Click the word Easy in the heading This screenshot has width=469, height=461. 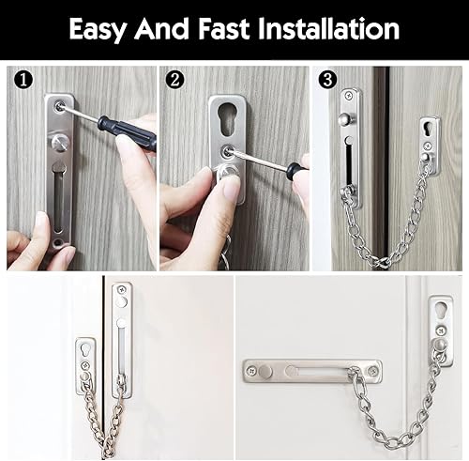coord(98,29)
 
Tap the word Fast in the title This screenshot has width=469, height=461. coord(223,29)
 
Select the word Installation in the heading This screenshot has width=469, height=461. coord(328,29)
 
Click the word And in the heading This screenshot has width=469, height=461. coord(162,29)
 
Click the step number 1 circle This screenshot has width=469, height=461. coord(23,81)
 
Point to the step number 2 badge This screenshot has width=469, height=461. coord(175,81)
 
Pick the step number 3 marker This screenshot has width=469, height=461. coord(327,81)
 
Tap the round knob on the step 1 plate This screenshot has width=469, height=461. coord(60,143)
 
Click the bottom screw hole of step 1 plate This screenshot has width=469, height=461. coord(57,242)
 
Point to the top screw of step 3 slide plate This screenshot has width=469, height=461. coord(350,97)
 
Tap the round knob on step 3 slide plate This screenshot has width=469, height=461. coord(346,119)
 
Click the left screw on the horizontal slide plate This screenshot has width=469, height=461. coord(251,371)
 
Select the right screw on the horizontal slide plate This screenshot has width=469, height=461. coord(372,371)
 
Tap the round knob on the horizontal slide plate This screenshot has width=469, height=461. coord(265,372)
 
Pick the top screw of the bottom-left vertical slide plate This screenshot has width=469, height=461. coord(122,289)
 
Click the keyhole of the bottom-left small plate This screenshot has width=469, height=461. coord(84,350)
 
